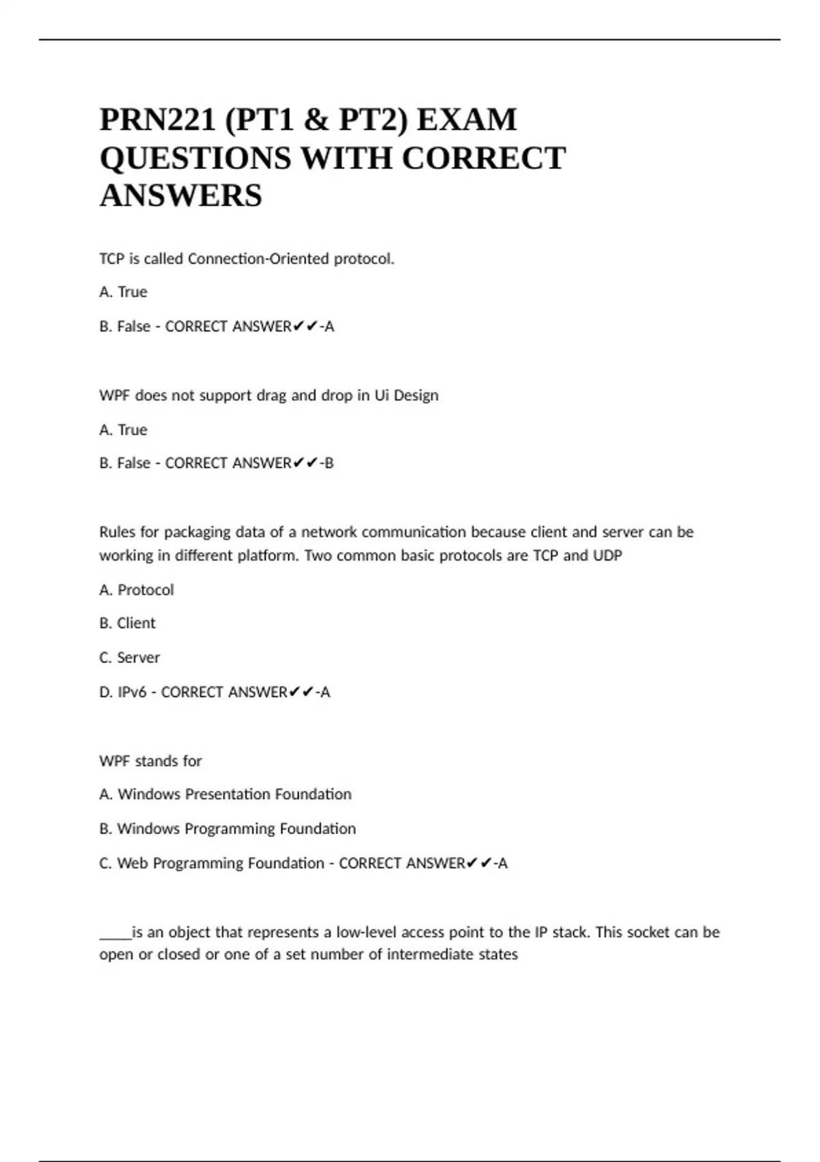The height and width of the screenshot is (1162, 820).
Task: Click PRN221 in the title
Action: [x=156, y=120]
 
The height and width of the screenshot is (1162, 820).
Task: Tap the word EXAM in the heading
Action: [x=467, y=120]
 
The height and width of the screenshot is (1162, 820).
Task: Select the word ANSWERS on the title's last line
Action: [x=180, y=196]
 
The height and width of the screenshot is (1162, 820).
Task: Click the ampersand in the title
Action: [x=315, y=120]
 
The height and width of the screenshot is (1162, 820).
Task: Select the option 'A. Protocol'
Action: [x=137, y=590]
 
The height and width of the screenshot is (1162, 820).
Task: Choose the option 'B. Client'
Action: [x=127, y=623]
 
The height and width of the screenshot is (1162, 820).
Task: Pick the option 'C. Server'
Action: [x=129, y=658]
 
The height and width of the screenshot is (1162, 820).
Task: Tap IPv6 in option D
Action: [x=132, y=692]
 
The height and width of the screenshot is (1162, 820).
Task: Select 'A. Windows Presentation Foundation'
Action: [x=225, y=794]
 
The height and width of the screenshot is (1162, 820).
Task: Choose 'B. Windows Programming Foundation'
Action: [x=228, y=828]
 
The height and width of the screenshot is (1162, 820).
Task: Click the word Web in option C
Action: [x=133, y=863]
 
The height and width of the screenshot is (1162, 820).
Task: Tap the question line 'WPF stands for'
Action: [x=150, y=761]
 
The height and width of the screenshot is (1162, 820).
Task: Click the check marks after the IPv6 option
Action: [x=302, y=692]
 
